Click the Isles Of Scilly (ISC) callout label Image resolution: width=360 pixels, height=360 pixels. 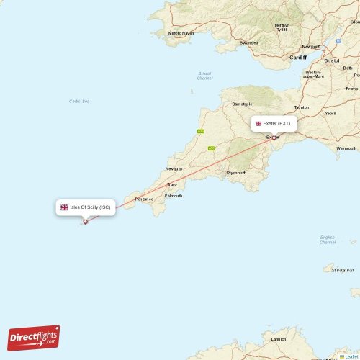[x=85, y=207]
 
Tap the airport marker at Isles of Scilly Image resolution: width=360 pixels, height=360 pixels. [x=86, y=222]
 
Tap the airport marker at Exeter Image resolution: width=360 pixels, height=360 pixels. [x=274, y=138]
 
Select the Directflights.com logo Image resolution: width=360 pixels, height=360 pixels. [x=34, y=337]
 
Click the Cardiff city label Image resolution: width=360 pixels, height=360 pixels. [x=297, y=57]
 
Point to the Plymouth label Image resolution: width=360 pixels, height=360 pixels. [x=236, y=173]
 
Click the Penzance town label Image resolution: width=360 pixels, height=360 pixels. [x=144, y=198]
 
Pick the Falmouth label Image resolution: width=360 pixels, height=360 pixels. [x=174, y=196]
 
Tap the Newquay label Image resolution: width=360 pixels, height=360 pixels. [x=174, y=168]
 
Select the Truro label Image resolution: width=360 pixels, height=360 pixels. [x=172, y=184]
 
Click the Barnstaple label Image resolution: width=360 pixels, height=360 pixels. [x=242, y=104]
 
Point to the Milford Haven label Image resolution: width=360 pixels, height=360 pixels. [x=181, y=33]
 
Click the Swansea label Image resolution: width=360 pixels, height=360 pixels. [x=248, y=42]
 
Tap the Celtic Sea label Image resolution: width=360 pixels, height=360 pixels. [x=79, y=101]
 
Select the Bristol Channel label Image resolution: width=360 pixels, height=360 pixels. [x=205, y=75]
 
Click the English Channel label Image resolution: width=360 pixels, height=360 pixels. [x=328, y=239]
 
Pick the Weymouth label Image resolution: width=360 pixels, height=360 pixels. [x=346, y=148]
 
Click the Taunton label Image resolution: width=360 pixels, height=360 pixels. [x=302, y=107]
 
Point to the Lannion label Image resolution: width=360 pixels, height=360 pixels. [x=278, y=338]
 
